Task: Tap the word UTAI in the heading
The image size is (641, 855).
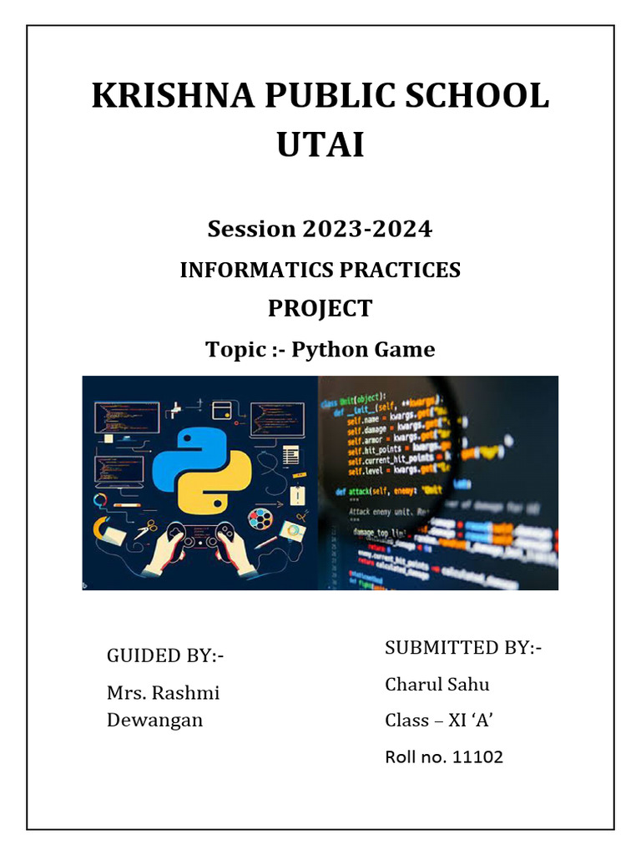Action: [x=320, y=144]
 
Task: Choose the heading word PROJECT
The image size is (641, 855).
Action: [x=320, y=308]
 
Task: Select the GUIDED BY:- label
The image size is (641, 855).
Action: [x=165, y=655]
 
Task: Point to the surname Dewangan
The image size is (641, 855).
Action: [x=154, y=720]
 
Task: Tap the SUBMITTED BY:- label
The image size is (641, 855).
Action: [x=463, y=647]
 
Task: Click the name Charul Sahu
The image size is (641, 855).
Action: [x=437, y=685]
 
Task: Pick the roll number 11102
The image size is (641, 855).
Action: [x=477, y=757]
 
